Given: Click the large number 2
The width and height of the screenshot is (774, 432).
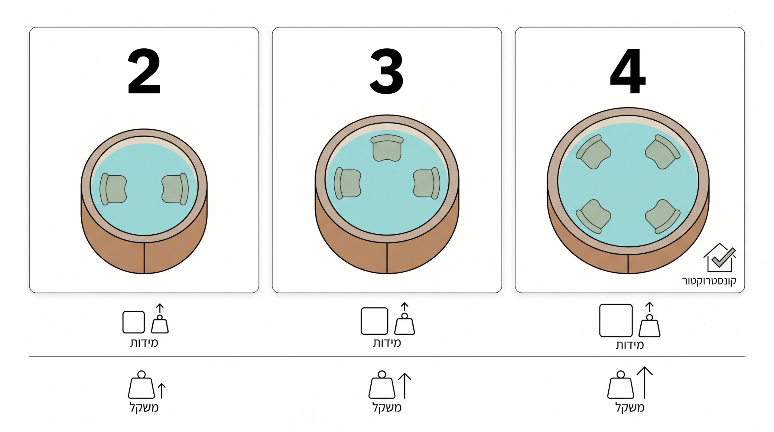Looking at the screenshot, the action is click(144, 71).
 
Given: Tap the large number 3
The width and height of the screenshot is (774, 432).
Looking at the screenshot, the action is click(387, 71).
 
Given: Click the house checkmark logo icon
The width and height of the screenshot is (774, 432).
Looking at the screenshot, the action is click(720, 258).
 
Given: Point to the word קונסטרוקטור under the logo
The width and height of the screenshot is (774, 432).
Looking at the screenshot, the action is click(709, 281).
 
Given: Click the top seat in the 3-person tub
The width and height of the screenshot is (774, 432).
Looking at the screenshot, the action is click(387, 148).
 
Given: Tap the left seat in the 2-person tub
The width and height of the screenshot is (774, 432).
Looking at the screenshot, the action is click(113, 189).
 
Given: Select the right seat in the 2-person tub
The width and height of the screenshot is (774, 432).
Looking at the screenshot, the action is click(175, 189).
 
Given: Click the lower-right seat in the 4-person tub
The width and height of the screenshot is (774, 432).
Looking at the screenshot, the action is click(663, 216).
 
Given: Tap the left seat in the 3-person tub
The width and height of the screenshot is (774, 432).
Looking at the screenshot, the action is click(347, 184).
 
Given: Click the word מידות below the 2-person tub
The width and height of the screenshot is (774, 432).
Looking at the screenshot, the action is click(144, 343).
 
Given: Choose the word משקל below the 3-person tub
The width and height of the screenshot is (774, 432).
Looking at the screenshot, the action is click(387, 408).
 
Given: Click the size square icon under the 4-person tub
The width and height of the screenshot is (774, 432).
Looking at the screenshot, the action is click(616, 320).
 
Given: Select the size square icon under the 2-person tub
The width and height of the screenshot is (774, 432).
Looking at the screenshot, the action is click(134, 322).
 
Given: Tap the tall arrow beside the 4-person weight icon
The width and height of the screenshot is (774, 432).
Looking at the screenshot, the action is click(645, 383).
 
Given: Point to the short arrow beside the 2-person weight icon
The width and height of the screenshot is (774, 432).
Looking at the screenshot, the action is click(162, 391).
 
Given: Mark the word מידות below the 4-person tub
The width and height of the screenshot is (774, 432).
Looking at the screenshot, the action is click(630, 345).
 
